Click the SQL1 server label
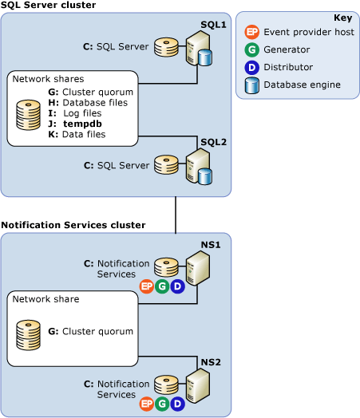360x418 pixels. pyautogui.click(x=214, y=25)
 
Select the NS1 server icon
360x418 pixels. pyautogui.click(x=197, y=268)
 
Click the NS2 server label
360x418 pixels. pyautogui.click(x=212, y=361)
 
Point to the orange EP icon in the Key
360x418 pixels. pyautogui.click(x=252, y=33)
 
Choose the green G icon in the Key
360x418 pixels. pyautogui.click(x=252, y=50)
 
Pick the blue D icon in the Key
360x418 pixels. pyautogui.click(x=252, y=68)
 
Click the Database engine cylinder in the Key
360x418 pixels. pyautogui.click(x=252, y=85)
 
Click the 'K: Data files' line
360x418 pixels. pyautogui.click(x=77, y=134)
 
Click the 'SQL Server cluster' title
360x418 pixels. pyautogui.click(x=49, y=6)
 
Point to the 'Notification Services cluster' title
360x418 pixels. pyautogui.click(x=73, y=225)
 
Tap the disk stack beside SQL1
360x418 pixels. pyautogui.click(x=167, y=47)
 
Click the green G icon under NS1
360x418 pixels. pyautogui.click(x=162, y=286)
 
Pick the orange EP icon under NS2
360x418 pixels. pyautogui.click(x=146, y=404)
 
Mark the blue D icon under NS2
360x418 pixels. pyautogui.click(x=177, y=404)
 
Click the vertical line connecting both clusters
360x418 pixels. pyautogui.click(x=175, y=215)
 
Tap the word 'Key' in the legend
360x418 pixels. pyautogui.click(x=342, y=18)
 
